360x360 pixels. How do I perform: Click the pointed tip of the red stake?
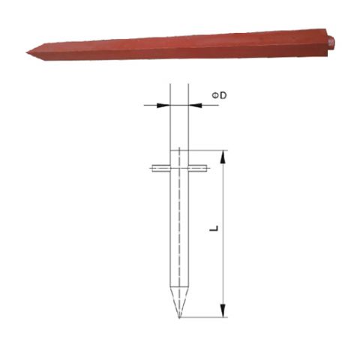click(x=26, y=52)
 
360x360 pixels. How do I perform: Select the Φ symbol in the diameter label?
click(x=215, y=95)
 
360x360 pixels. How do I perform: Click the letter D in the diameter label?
click(x=223, y=95)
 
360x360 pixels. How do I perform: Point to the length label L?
click(x=214, y=228)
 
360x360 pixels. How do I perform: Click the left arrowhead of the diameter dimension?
click(x=163, y=105)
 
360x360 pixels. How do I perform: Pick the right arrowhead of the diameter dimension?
click(x=195, y=105)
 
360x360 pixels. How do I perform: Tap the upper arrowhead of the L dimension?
click(x=223, y=157)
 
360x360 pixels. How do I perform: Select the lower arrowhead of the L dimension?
click(x=223, y=310)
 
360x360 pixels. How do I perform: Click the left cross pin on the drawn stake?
click(x=161, y=169)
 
